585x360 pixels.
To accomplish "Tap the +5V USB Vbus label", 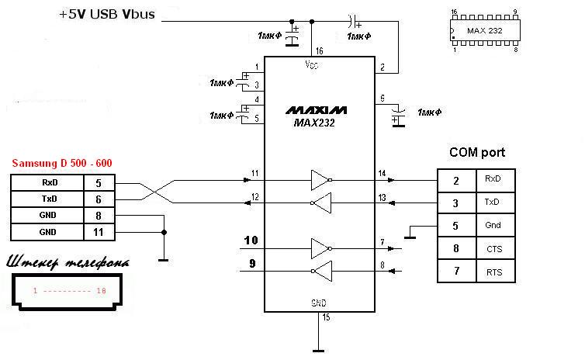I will (111, 16).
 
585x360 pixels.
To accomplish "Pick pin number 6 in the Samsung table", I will (98, 199).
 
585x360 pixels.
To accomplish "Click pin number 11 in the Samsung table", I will (98, 231).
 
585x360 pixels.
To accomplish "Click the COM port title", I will (476, 153).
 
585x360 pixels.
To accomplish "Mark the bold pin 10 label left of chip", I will (251, 240).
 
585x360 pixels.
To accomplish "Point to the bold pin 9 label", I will (251, 264).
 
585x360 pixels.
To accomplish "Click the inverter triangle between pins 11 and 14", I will (320, 180).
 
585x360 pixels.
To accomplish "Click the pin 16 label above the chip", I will (319, 50).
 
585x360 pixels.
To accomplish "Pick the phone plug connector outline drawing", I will (68, 291).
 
